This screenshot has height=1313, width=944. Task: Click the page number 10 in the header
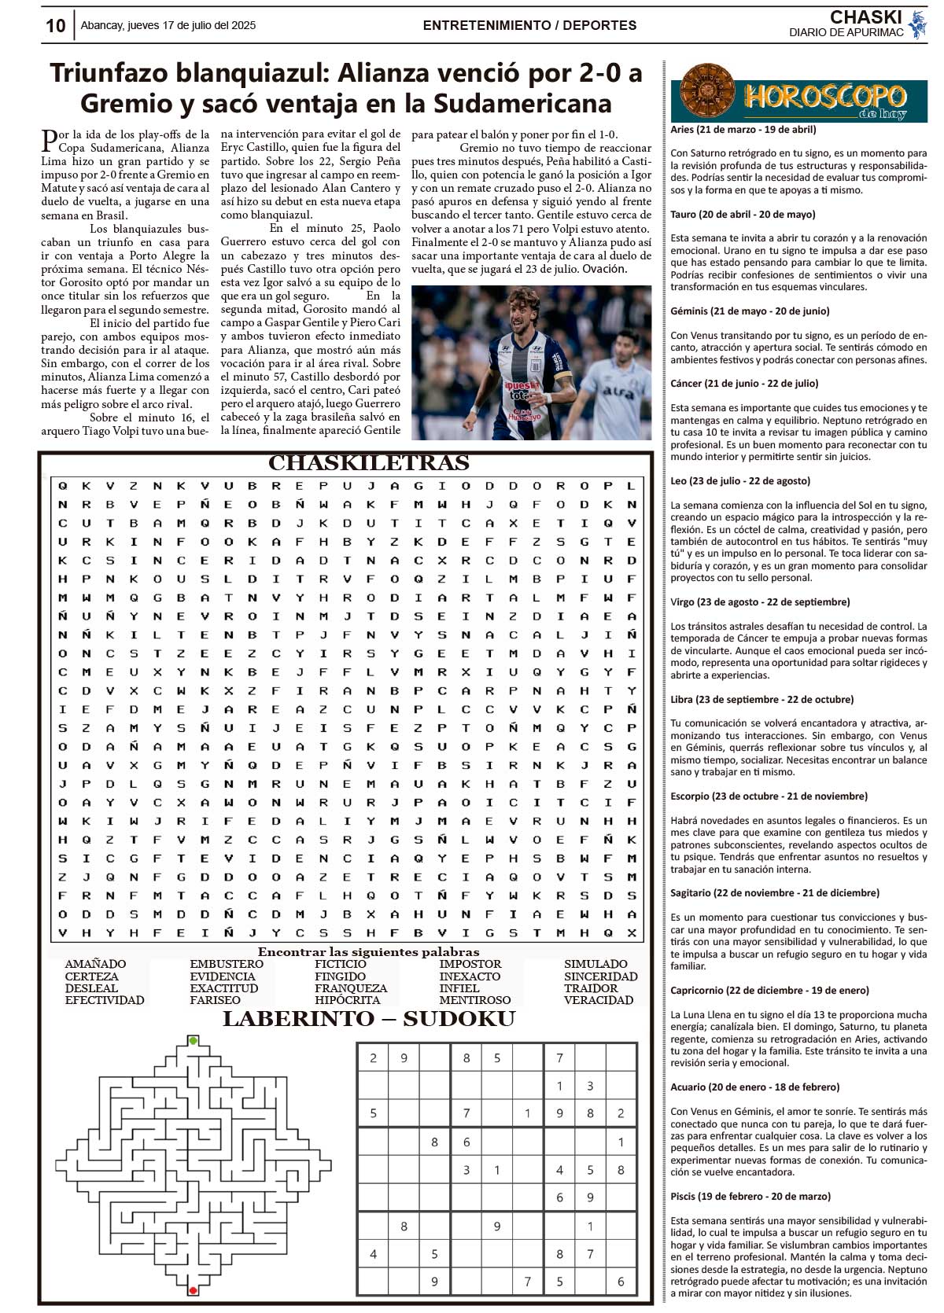pos(55,26)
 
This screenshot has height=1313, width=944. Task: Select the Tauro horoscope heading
pos(743,214)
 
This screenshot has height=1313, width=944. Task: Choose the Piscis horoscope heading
pos(750,1196)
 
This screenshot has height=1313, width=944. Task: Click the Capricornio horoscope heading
pos(769,990)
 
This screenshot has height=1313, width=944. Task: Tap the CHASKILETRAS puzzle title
pos(369,463)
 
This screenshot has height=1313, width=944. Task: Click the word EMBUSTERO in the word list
pos(227,964)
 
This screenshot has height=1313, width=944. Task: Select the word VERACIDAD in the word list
pos(598,1000)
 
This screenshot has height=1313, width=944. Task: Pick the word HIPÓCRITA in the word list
pos(347,1000)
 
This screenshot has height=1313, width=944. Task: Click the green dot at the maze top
pos(194,1041)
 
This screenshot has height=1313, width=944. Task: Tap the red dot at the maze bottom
pos(193,1290)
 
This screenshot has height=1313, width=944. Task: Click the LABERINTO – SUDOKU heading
pos(369,1020)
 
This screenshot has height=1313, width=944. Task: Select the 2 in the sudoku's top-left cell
pos(373,1058)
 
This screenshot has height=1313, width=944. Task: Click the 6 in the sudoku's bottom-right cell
pos(621,1282)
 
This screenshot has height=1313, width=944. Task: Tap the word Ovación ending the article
pos(604,269)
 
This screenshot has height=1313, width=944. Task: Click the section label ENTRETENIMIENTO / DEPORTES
pos(529,25)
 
